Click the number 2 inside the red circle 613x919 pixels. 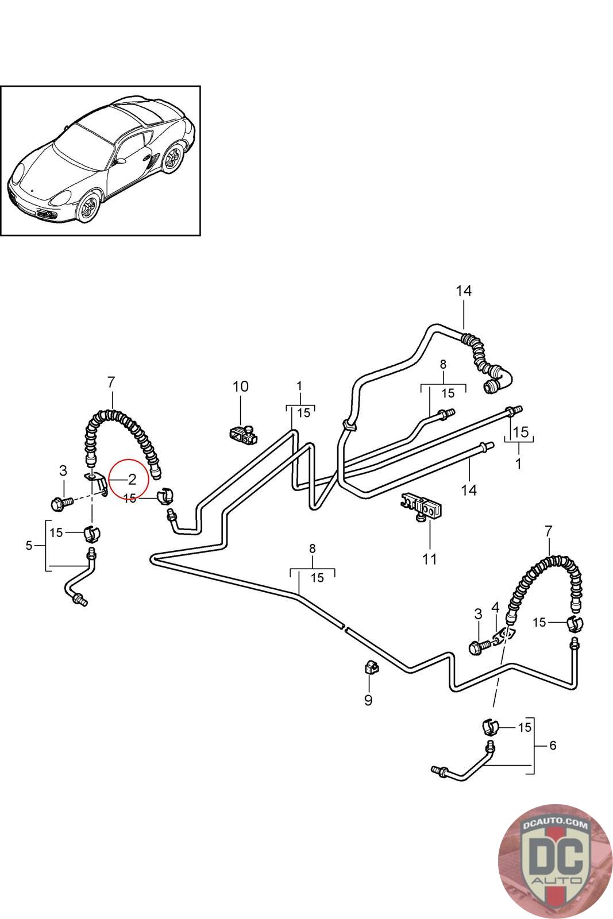132,479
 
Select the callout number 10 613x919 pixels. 241,386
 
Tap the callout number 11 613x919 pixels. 430,559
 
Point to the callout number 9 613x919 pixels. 368,700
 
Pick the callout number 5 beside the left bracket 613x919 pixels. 29,546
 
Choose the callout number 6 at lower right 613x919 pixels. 553,745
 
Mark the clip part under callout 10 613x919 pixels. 242,435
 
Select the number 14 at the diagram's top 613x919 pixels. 464,291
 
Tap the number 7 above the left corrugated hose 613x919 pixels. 111,383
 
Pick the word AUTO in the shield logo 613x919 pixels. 556,879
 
